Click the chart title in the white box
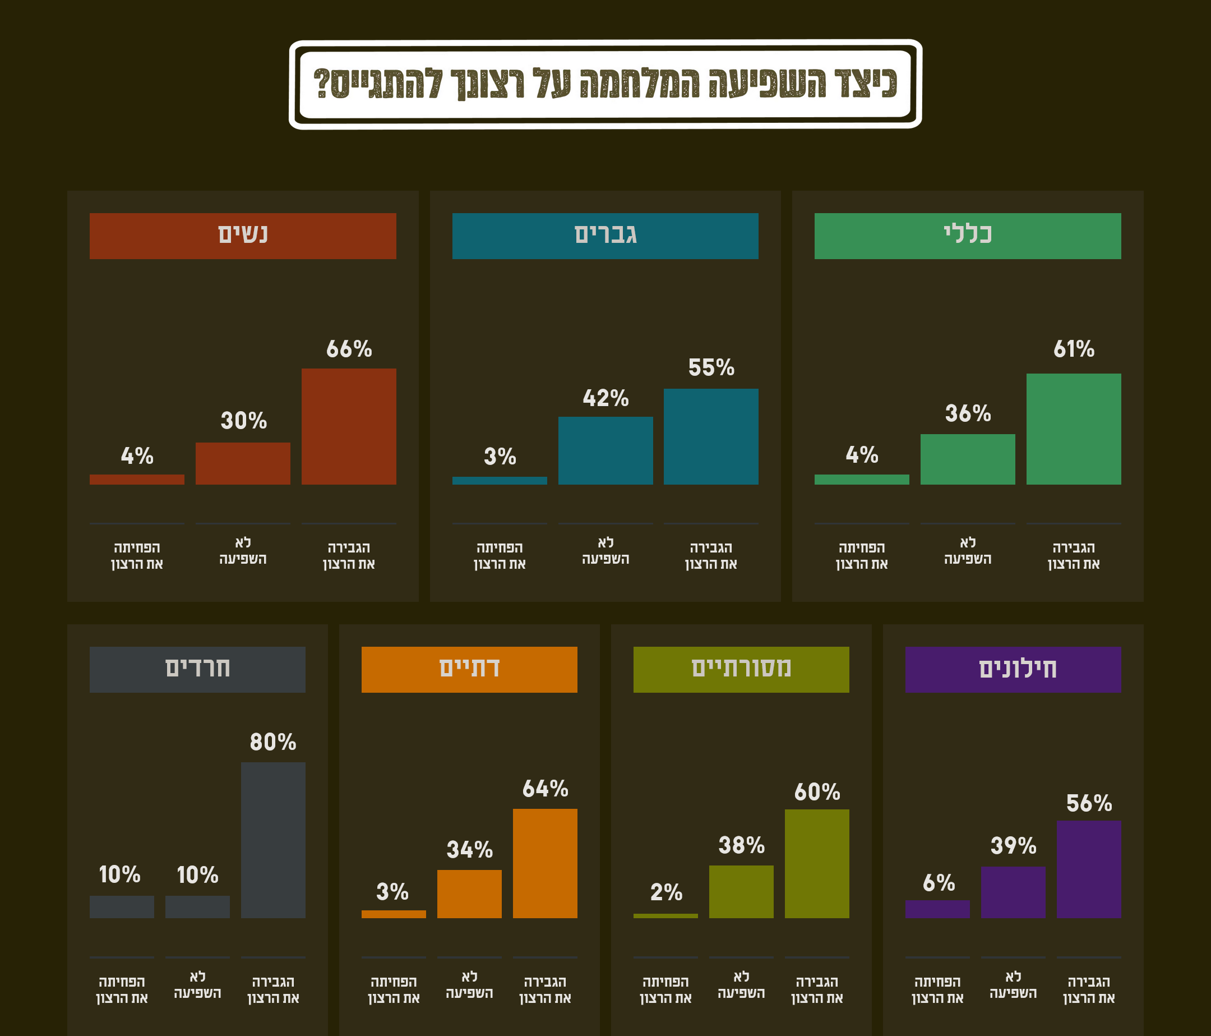[x=605, y=84]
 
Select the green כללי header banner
[x=967, y=236]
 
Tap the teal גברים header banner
[x=605, y=236]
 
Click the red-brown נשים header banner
[x=243, y=236]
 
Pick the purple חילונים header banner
[x=1013, y=669]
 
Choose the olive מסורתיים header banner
[x=741, y=669]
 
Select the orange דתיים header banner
[x=469, y=669]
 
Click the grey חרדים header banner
[x=197, y=669]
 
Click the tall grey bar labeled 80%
[x=273, y=840]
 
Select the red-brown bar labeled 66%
[x=348, y=426]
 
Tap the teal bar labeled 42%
[x=605, y=450]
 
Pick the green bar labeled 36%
[x=967, y=459]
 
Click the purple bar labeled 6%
[x=937, y=909]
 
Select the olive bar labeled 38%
[x=741, y=892]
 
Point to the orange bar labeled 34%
[x=469, y=894]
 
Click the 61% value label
[x=1074, y=349]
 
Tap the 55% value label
[x=711, y=368]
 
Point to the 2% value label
[x=665, y=892]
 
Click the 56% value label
[x=1088, y=803]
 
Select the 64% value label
[x=545, y=789]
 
